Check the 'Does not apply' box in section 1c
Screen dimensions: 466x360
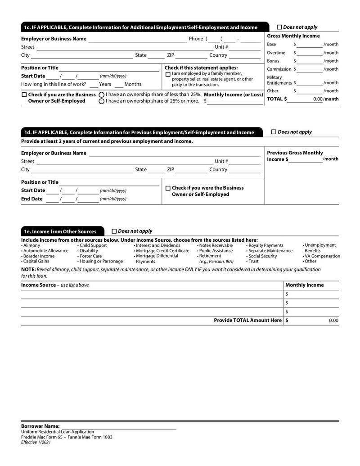point(279,27)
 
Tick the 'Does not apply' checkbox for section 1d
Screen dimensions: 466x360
point(274,132)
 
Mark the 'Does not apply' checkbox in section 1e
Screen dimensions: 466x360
point(114,231)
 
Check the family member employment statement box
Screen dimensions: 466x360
point(168,74)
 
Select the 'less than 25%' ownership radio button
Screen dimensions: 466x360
point(102,95)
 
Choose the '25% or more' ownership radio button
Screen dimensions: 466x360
point(102,101)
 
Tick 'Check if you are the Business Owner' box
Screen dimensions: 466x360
point(24,95)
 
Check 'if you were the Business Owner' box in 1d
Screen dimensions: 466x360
point(168,188)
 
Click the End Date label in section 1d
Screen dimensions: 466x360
point(32,199)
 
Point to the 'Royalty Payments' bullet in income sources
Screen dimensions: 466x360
point(265,245)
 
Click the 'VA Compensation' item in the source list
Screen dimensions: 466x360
point(322,256)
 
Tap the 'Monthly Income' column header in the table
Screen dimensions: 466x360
point(305,285)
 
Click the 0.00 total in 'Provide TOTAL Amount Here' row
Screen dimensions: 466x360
point(333,321)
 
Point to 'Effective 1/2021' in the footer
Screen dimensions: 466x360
point(36,443)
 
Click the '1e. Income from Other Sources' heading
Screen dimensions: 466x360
point(60,231)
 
